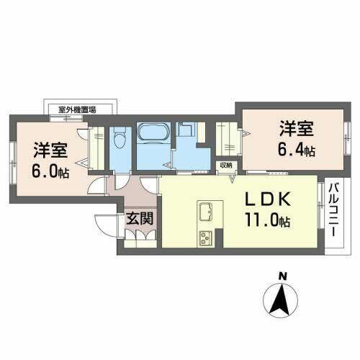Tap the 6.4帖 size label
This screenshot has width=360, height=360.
(x=297, y=151)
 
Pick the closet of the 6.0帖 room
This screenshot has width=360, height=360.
(x=95, y=148)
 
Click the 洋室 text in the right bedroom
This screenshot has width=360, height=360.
(x=297, y=130)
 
